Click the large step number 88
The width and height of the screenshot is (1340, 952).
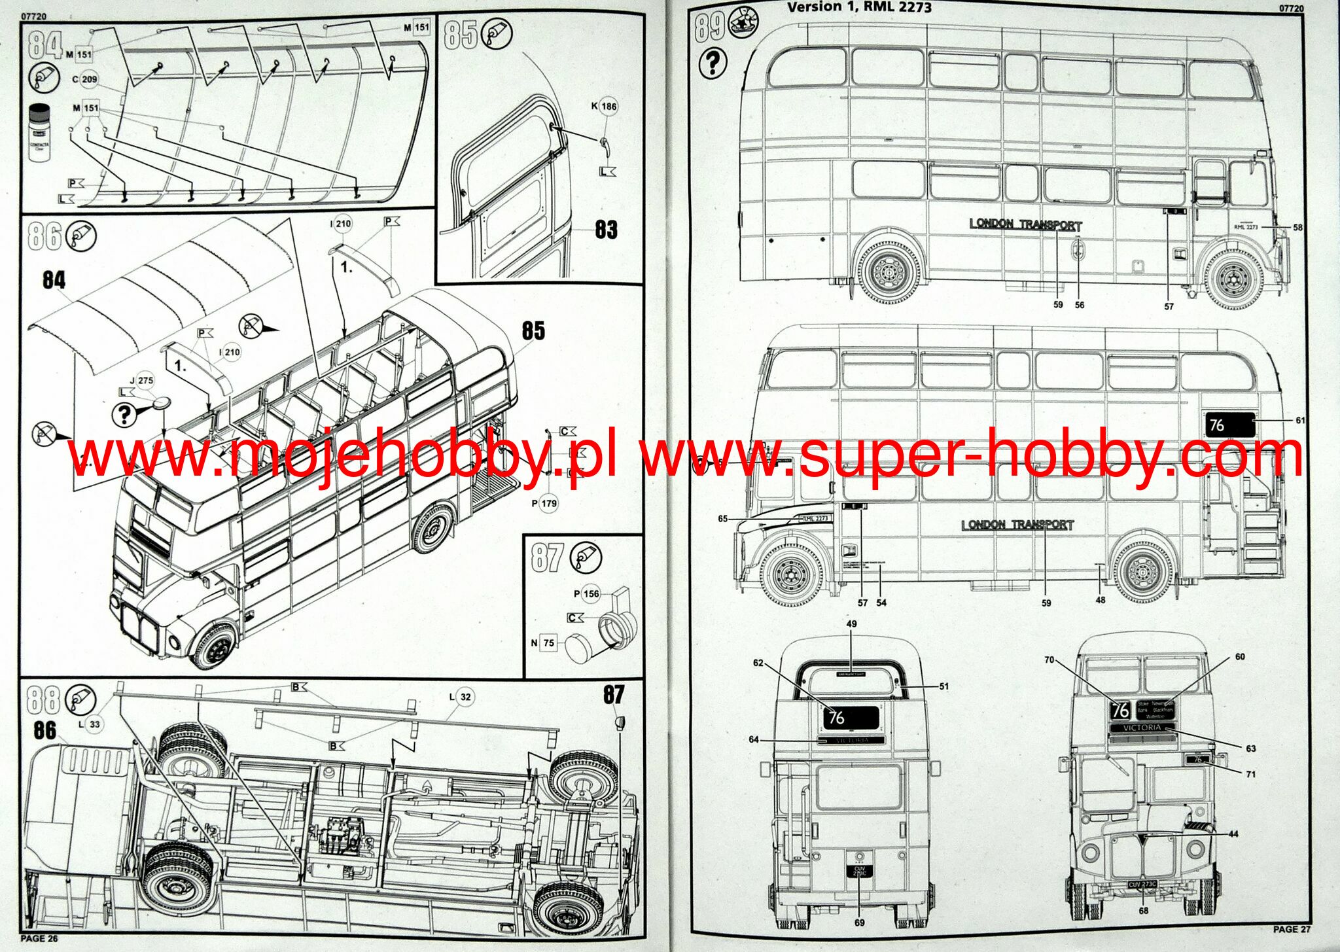pyautogui.click(x=42, y=699)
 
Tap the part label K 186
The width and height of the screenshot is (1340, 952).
pyautogui.click(x=605, y=106)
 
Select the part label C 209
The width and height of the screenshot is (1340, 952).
pyautogui.click(x=85, y=79)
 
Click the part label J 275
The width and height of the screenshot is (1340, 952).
pyautogui.click(x=142, y=380)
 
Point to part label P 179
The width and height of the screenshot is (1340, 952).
pyautogui.click(x=544, y=503)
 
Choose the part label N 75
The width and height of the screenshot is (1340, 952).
pyautogui.click(x=543, y=643)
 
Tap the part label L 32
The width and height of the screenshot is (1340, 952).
pyautogui.click(x=461, y=697)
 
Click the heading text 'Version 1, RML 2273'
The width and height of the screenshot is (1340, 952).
pyautogui.click(x=859, y=8)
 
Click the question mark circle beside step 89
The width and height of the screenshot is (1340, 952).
pyautogui.click(x=713, y=63)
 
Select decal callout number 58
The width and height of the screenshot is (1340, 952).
pyautogui.click(x=1297, y=227)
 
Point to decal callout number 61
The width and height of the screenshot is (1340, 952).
pyautogui.click(x=1300, y=420)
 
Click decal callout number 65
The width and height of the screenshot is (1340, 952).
pyautogui.click(x=722, y=519)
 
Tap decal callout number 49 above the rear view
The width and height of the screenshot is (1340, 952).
pyautogui.click(x=851, y=624)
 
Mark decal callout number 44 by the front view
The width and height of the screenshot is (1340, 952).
pyautogui.click(x=1233, y=834)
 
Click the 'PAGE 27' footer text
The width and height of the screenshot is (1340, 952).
pyautogui.click(x=1292, y=929)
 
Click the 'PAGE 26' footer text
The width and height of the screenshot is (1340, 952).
pyautogui.click(x=39, y=938)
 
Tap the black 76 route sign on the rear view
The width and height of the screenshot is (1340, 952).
pyautogui.click(x=851, y=717)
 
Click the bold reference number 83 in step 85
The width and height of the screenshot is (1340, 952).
pyautogui.click(x=606, y=229)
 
